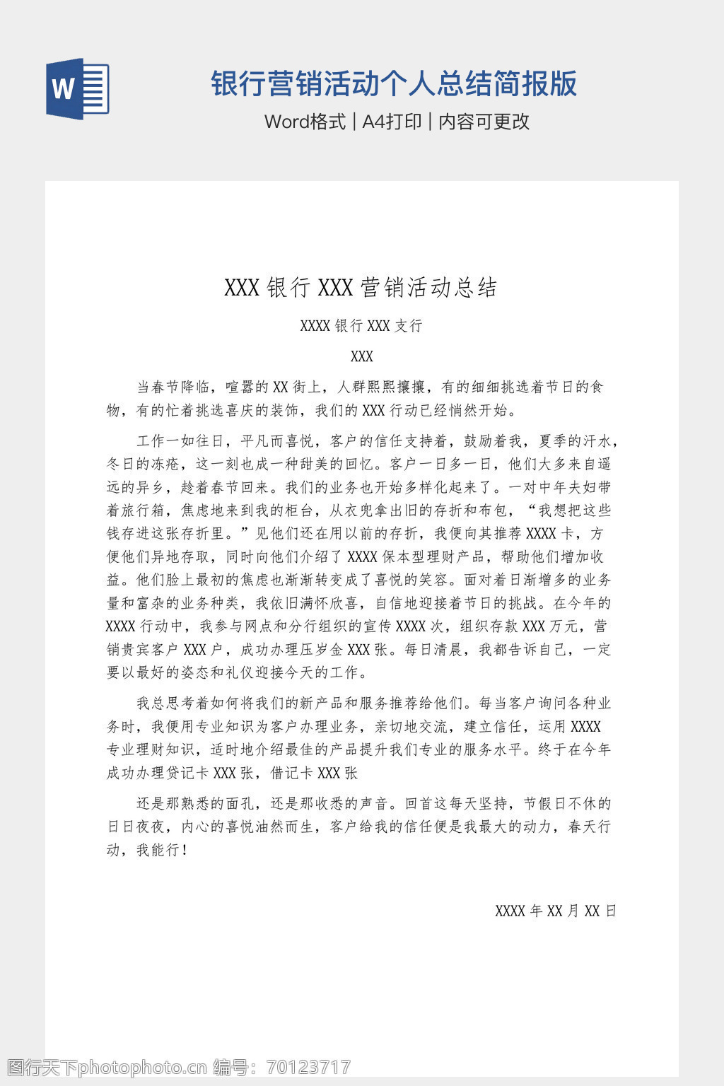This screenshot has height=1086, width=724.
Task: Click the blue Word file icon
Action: pos(78,89)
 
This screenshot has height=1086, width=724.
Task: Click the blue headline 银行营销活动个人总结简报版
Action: pos(394,83)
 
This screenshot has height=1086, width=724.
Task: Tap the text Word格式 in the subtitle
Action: pos(305,122)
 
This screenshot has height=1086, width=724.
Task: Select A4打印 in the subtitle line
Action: pos(392,122)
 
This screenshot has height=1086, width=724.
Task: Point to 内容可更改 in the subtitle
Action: pos(484,122)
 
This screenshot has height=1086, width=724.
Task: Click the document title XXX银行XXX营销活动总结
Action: pos(361,288)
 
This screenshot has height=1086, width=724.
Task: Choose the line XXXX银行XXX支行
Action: pos(361,326)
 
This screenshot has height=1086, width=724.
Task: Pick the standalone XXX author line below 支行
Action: pos(361,356)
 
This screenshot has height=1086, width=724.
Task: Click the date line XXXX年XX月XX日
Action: pos(556,911)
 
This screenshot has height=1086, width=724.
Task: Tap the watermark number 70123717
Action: pos(308,1067)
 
